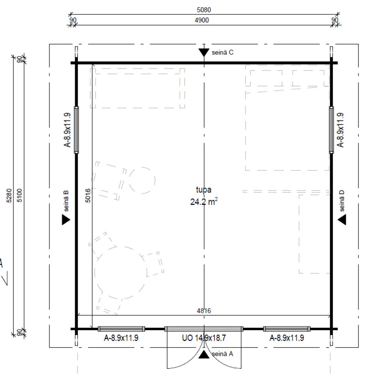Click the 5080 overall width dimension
tap(204, 10)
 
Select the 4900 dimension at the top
tap(202, 20)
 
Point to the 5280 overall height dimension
tap(9, 195)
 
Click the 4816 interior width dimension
tap(204, 311)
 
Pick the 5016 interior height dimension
tap(88, 195)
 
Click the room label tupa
tap(204, 190)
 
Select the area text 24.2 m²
tap(204, 201)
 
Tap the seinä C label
tap(222, 52)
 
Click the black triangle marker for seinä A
tap(204, 355)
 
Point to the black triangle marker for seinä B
tap(66, 220)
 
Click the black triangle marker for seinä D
tap(342, 220)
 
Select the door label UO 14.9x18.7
tap(204, 338)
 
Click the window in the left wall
tap(76, 130)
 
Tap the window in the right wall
tap(331, 130)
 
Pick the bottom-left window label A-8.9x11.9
tap(121, 338)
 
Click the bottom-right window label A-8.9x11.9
tap(287, 338)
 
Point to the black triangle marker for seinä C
tap(204, 52)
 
